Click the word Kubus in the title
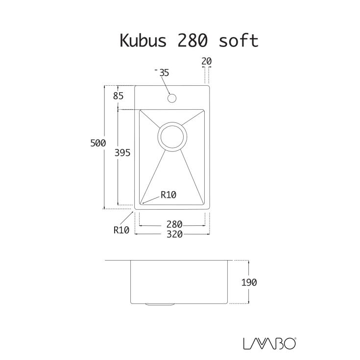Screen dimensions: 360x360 141,41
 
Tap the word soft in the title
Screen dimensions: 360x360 239,41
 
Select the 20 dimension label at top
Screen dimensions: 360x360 206,61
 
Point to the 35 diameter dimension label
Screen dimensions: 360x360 164,72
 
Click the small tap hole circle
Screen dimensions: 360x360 171,98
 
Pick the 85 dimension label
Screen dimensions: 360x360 118,96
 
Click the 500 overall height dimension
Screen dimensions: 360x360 98,143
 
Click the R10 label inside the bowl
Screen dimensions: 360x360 168,194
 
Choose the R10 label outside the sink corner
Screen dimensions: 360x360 121,229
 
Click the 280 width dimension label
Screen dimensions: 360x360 174,224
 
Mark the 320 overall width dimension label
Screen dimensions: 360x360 174,234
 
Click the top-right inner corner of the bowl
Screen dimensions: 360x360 203,111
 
